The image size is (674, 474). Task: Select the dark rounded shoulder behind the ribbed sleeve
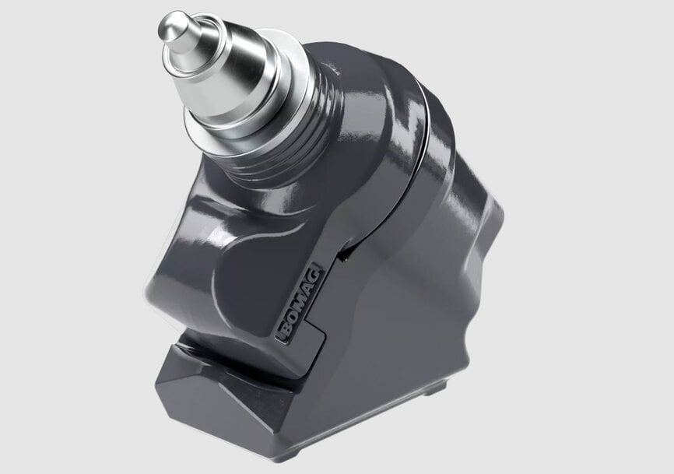(366, 93)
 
